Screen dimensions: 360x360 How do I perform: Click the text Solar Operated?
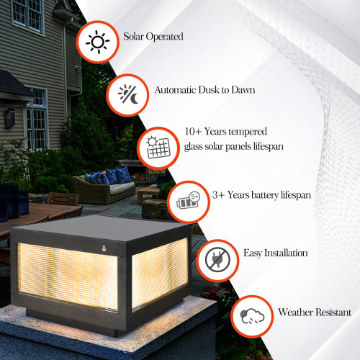coord(153,36)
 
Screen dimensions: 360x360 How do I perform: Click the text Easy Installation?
coord(276,253)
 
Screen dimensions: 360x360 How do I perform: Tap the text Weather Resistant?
coord(315,312)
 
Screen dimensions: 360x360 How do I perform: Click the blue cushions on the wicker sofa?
coord(108,176)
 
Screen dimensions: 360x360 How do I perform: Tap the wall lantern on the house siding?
coord(10,117)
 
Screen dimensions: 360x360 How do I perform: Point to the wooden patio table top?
coord(43,212)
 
